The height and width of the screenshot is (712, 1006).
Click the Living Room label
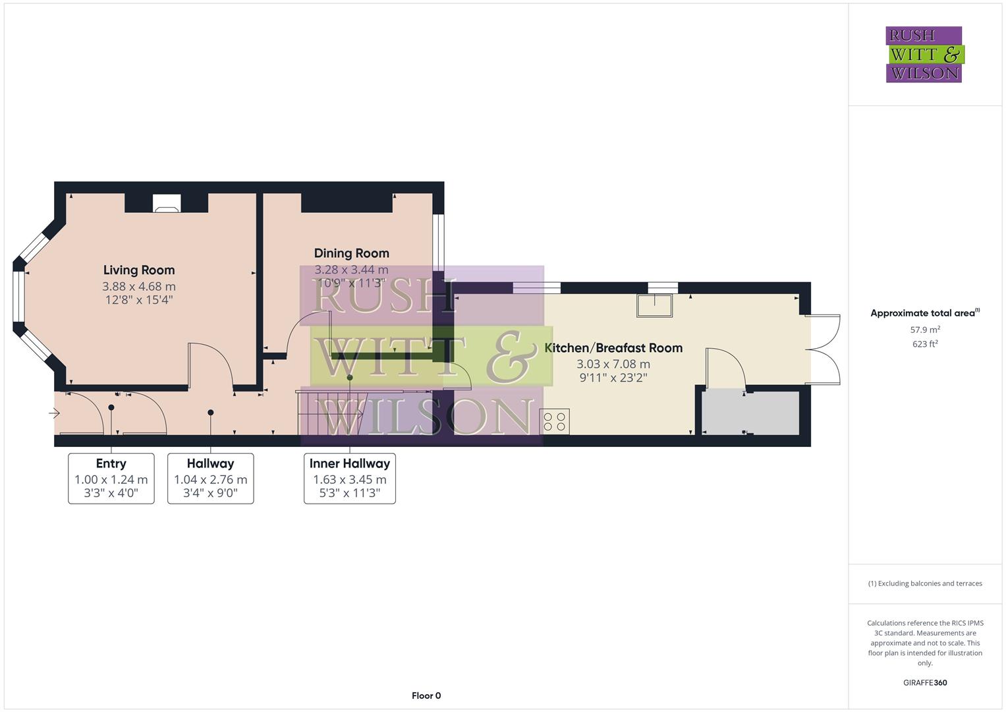tap(139, 270)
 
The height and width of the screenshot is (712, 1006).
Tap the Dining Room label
tap(351, 253)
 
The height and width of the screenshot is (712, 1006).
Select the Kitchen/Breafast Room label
tap(613, 347)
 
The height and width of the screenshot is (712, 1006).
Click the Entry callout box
tap(111, 478)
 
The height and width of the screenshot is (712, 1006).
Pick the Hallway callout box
tap(210, 478)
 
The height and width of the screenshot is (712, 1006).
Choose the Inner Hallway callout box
tap(350, 478)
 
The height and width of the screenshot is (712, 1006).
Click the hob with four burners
tap(555, 422)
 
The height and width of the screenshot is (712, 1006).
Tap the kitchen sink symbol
tap(654, 306)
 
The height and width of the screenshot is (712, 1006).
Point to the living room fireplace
tap(166, 203)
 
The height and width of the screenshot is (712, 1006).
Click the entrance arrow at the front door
tap(55, 413)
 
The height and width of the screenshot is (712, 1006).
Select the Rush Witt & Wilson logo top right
tap(924, 54)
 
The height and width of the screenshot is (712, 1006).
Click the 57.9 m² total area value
tap(925, 329)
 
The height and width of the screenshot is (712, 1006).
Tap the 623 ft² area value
tap(925, 343)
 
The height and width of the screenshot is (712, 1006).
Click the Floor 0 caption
tap(426, 696)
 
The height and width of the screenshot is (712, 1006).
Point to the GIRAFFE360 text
tap(925, 682)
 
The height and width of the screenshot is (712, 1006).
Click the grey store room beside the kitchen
tap(750, 413)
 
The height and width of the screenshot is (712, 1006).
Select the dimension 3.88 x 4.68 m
tap(139, 286)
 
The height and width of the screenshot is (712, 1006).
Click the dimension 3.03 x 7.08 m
tap(613, 364)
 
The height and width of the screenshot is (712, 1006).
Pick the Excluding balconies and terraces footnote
tap(925, 583)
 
